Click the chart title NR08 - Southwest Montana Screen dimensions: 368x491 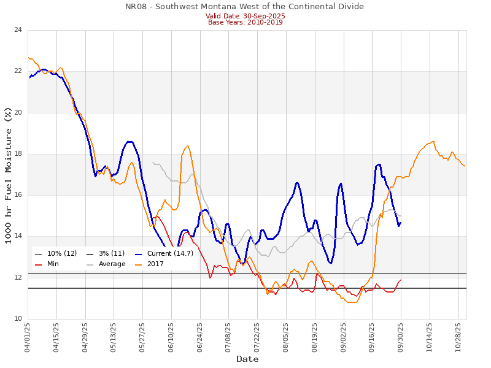pos(244,7)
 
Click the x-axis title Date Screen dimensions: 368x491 pos(247,359)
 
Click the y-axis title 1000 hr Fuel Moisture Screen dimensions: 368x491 pos(8,175)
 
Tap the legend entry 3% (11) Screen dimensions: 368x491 pos(111,254)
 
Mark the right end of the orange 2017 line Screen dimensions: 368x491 pos(465,166)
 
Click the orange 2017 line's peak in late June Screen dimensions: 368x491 pos(188,145)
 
